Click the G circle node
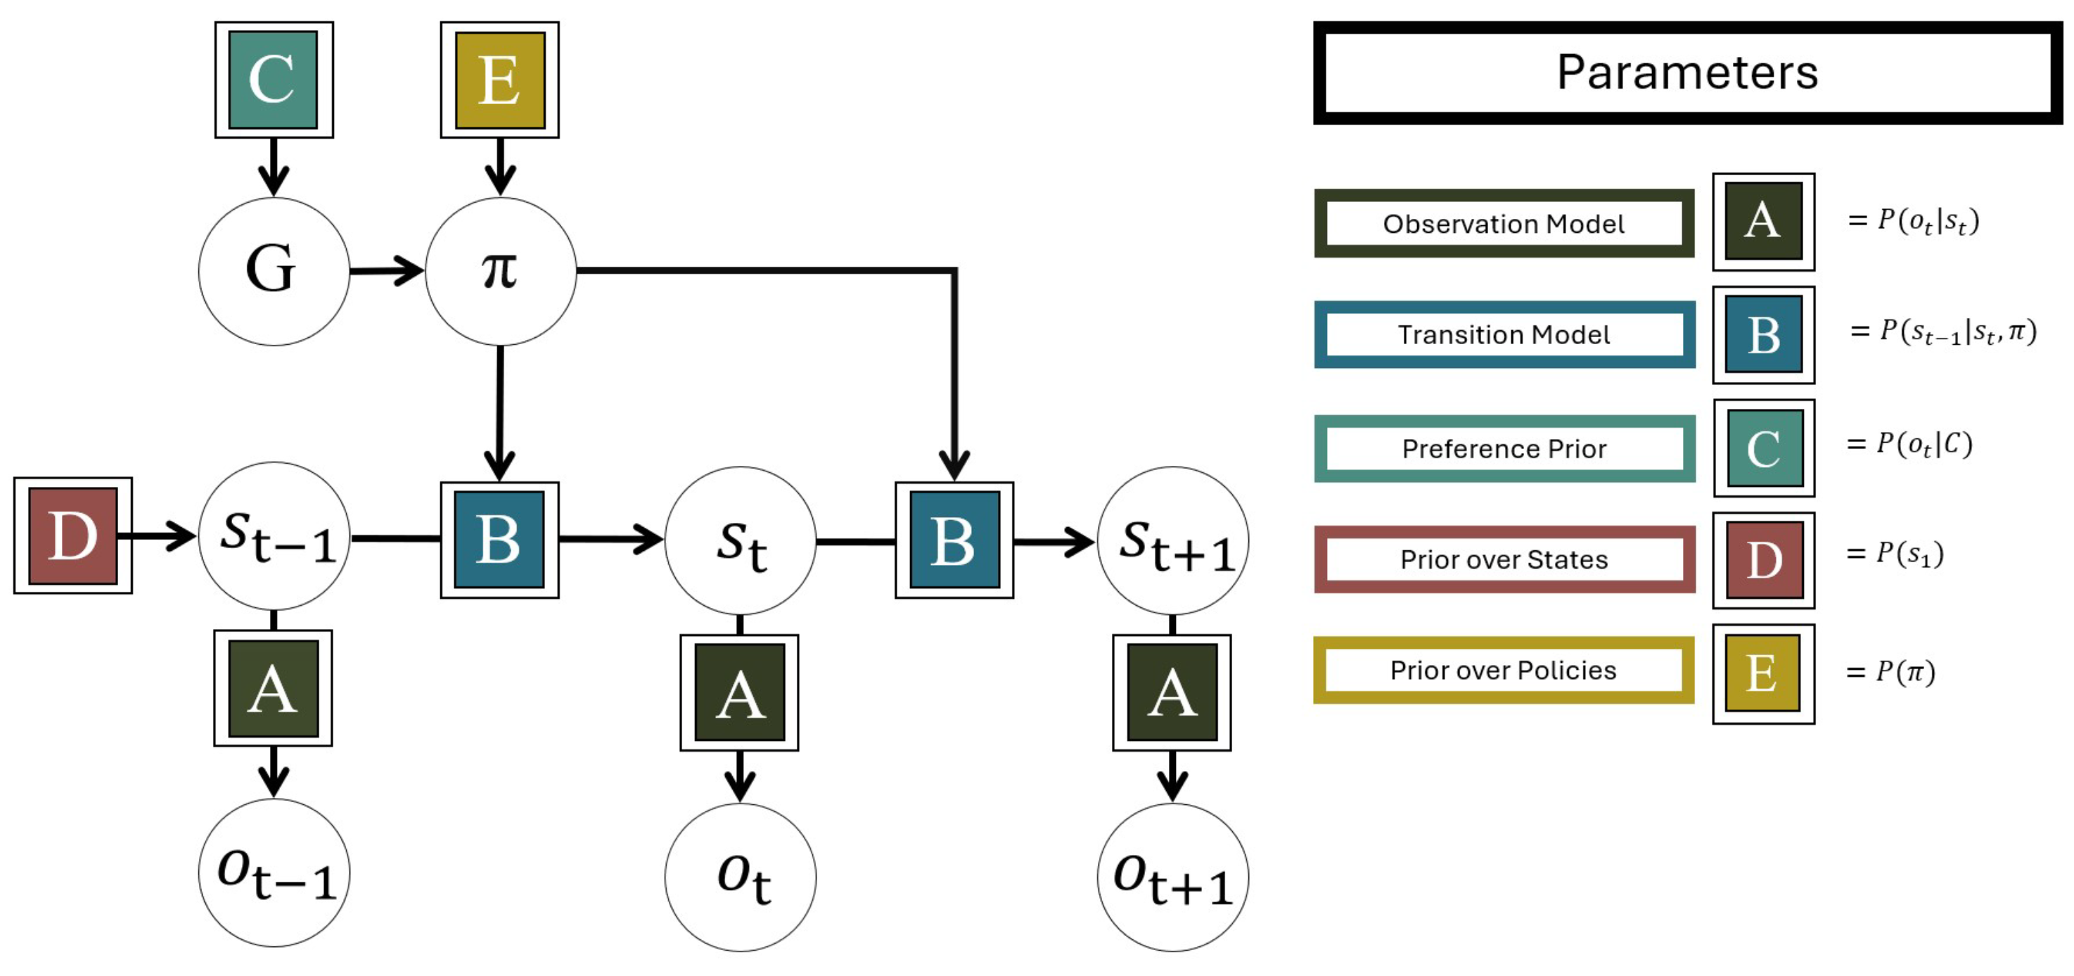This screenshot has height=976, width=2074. (274, 272)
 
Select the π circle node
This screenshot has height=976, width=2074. (500, 272)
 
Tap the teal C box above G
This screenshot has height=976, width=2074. (274, 80)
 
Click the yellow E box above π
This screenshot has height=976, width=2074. (500, 80)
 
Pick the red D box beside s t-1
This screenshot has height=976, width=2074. (73, 535)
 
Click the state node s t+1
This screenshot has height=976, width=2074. (1173, 541)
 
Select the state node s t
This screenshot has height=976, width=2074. (740, 541)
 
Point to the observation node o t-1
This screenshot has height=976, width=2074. (274, 873)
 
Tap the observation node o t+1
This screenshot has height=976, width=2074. (1173, 877)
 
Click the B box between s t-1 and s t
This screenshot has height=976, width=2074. (500, 540)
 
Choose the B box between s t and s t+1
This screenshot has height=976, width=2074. (955, 540)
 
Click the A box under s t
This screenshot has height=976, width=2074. (740, 692)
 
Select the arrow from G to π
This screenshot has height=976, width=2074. (388, 271)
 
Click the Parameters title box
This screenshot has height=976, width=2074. (1687, 72)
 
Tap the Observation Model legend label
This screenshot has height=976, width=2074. (1504, 223)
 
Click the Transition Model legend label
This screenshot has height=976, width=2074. (1504, 334)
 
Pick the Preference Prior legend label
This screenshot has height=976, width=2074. (1504, 448)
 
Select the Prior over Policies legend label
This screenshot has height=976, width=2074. (1503, 670)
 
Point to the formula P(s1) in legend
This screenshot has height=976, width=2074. (1895, 553)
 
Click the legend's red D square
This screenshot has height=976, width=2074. (1764, 559)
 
